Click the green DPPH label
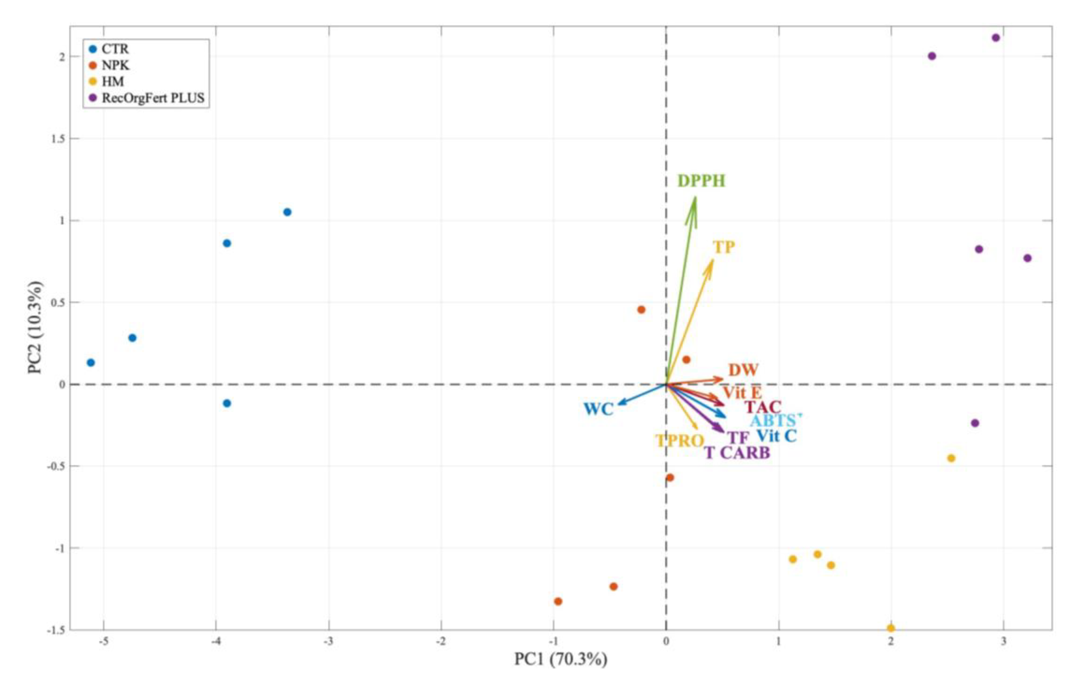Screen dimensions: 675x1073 pos(701,181)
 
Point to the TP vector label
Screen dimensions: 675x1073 pos(724,247)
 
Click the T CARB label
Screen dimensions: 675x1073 pos(737,453)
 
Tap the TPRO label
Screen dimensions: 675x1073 pos(679,441)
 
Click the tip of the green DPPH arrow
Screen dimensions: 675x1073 pos(695,198)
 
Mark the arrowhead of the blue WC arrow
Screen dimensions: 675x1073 pos(618,404)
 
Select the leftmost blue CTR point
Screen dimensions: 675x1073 pos(91,362)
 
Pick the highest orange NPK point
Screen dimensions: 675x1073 pos(641,309)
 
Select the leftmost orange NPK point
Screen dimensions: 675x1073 pos(558,601)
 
